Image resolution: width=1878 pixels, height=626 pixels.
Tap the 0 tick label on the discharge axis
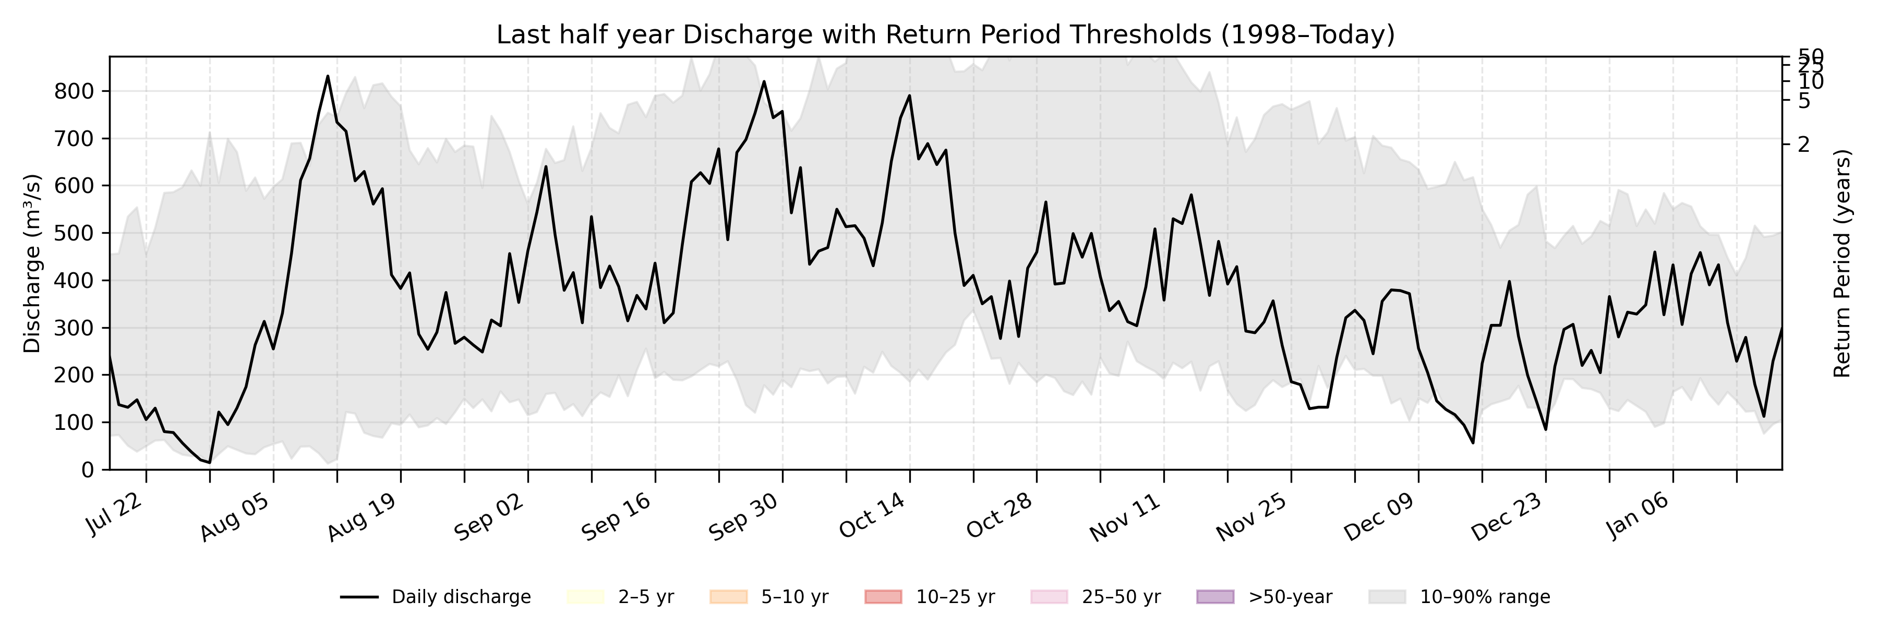[x=88, y=470]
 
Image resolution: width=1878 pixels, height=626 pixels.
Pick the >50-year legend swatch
[x=1215, y=597]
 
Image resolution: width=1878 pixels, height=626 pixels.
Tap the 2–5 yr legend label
[x=646, y=597]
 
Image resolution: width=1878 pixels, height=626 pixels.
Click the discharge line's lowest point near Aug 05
[x=209, y=462]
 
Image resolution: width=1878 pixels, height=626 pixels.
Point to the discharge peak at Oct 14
[x=909, y=95]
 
